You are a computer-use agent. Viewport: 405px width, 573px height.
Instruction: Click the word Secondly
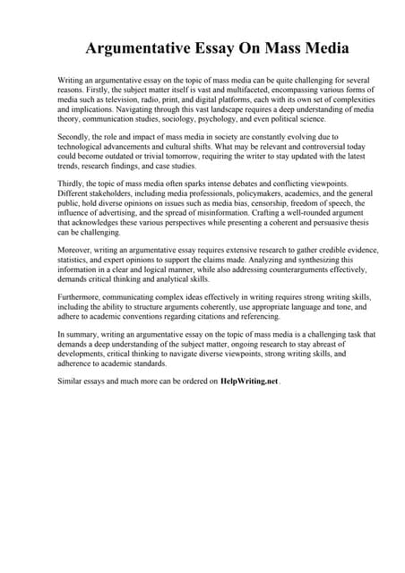click(x=75, y=136)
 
